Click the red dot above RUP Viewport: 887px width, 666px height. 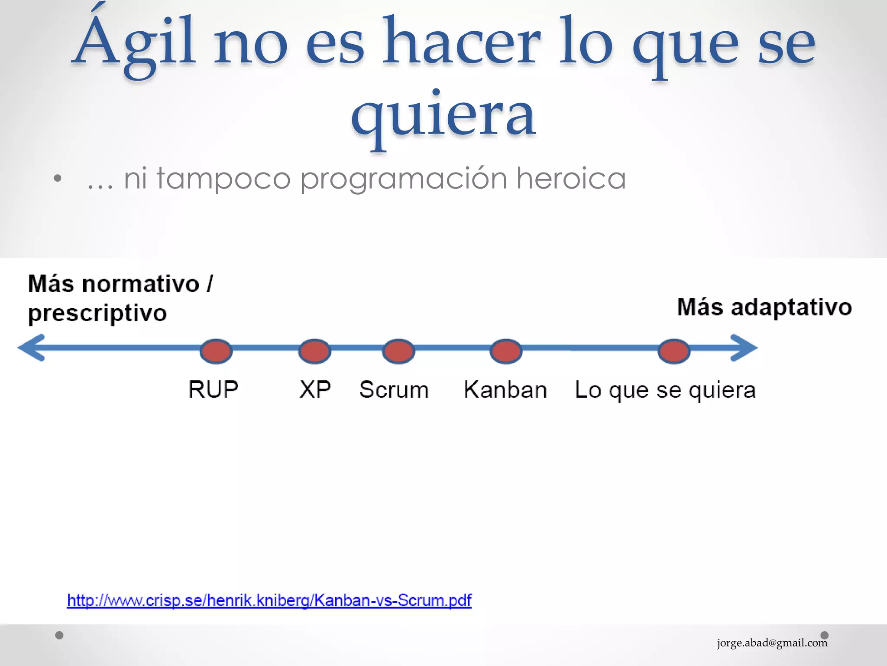pos(216,351)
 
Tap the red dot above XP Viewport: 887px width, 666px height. pos(315,351)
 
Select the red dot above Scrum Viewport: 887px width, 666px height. pos(398,351)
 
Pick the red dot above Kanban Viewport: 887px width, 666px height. pos(506,351)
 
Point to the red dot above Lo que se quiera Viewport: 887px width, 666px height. pos(674,351)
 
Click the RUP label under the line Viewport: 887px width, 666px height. pos(213,389)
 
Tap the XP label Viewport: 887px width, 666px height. pos(315,389)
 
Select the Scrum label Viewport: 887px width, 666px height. pos(394,389)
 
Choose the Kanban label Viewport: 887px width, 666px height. pos(505,389)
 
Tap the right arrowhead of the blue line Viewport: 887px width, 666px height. pos(744,347)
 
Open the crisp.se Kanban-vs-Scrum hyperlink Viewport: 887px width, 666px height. pos(269,600)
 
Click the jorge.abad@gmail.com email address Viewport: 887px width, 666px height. pos(772,643)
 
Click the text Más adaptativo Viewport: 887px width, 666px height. pos(764,307)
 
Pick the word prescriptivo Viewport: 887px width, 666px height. pos(97,313)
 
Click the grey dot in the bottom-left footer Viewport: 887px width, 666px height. pos(59,635)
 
